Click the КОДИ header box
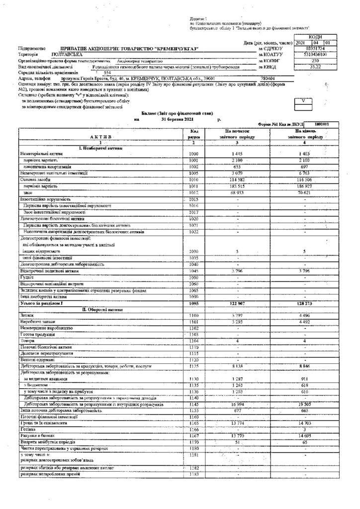click(315, 37)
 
